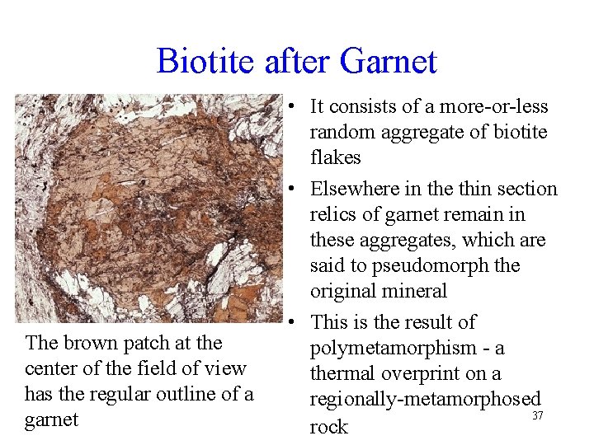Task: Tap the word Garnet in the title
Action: (x=389, y=62)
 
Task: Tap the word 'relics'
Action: (x=335, y=214)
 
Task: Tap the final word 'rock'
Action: (x=328, y=426)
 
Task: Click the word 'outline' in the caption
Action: (x=187, y=394)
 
